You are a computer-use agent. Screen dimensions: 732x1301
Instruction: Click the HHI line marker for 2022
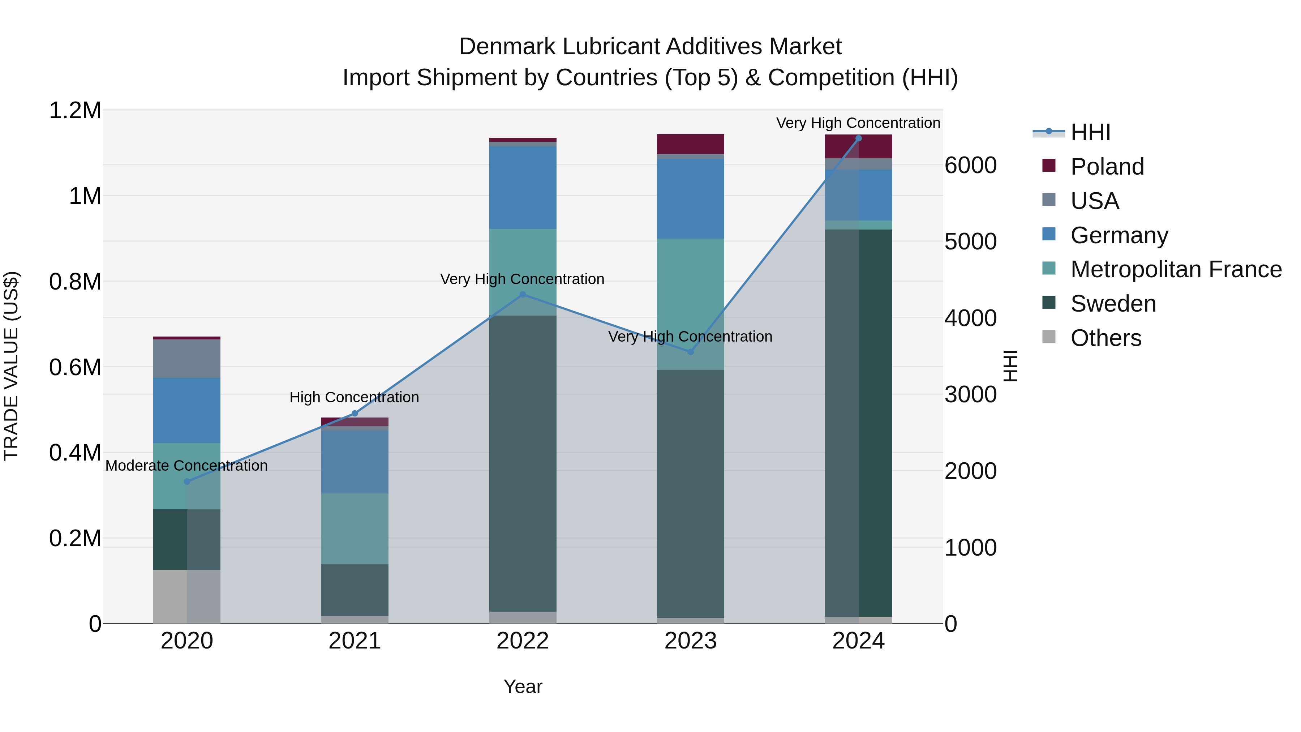click(523, 295)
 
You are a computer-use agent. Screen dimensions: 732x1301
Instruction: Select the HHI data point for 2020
click(187, 481)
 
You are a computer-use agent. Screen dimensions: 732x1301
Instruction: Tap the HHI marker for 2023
click(691, 352)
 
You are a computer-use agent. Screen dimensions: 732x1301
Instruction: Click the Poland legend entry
click(1107, 167)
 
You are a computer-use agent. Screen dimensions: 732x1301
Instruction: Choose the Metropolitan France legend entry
click(1176, 269)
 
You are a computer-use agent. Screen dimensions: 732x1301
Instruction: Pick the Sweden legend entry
click(1113, 304)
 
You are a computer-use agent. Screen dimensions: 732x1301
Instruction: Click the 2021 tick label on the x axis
click(355, 641)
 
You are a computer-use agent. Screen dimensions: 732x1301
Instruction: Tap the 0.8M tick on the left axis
click(75, 282)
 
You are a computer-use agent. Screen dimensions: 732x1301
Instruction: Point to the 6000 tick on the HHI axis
click(970, 166)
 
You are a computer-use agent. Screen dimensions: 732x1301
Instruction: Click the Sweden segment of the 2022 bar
click(523, 463)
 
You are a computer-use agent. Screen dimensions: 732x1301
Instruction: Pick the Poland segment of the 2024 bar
click(859, 146)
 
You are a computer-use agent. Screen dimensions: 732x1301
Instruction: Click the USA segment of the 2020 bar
click(187, 359)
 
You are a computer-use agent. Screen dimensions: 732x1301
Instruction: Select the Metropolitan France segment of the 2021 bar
click(355, 528)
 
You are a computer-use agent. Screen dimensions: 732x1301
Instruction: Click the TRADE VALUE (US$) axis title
click(11, 366)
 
